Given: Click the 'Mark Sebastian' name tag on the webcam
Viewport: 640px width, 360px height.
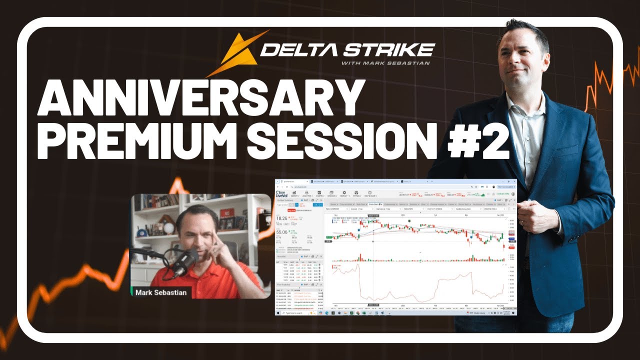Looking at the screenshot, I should click(160, 292).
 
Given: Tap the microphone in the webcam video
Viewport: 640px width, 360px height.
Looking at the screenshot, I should click(184, 260).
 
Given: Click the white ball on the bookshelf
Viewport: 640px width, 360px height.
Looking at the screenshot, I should click(168, 227).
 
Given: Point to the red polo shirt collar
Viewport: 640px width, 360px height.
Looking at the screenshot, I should click(200, 272).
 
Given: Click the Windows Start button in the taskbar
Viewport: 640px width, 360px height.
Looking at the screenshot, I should click(278, 313).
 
